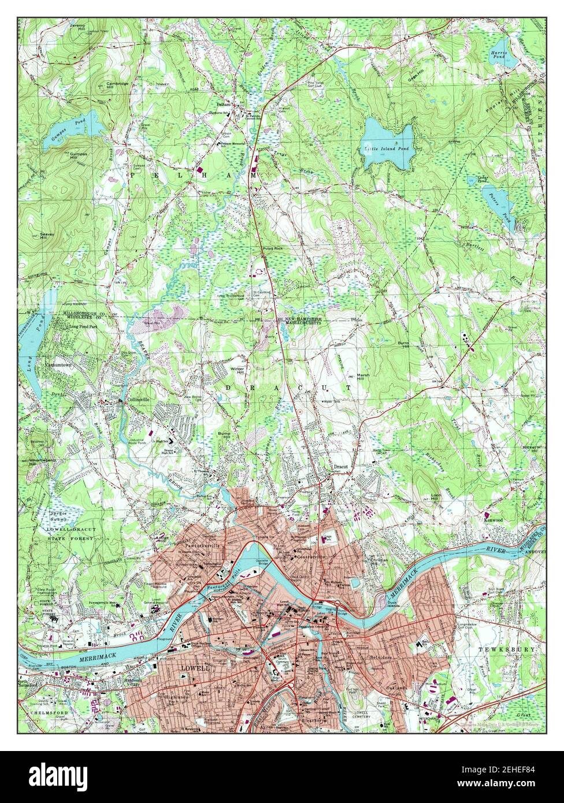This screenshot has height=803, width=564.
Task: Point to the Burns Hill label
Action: pyautogui.click(x=402, y=344)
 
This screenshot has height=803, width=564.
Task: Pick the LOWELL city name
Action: pyautogui.click(x=194, y=667)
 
